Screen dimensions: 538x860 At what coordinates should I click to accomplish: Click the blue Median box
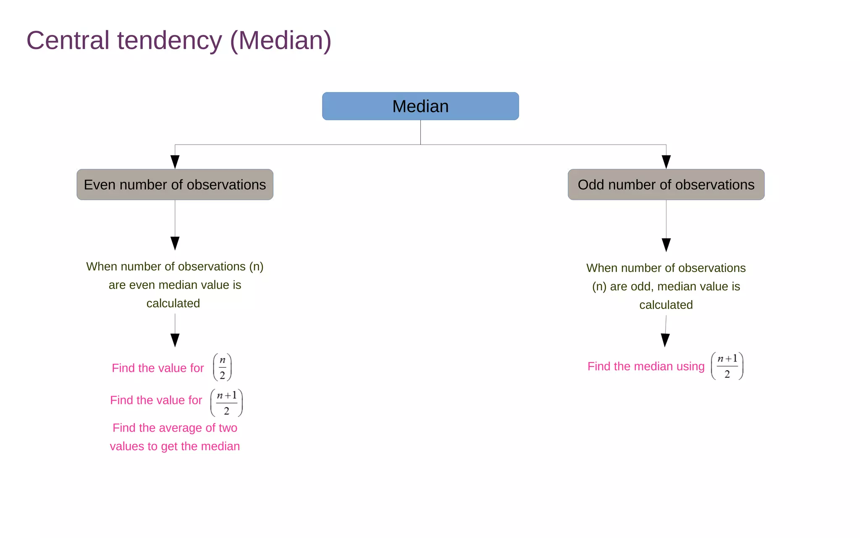(420, 106)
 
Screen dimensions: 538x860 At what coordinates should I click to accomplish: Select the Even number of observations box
(175, 185)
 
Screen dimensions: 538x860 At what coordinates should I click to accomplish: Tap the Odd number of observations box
(666, 185)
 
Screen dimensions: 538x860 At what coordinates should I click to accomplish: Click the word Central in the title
(68, 41)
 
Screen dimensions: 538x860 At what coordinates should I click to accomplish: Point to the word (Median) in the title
(281, 41)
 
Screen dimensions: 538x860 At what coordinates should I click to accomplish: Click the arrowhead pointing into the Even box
(175, 162)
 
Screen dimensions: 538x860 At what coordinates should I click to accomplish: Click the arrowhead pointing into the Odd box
(666, 162)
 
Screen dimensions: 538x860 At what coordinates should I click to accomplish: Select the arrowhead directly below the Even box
(175, 243)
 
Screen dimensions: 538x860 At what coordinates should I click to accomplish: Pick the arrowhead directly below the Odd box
(666, 245)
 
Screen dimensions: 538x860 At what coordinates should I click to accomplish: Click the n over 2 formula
(223, 367)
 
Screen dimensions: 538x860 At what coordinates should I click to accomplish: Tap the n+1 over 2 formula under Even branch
(227, 403)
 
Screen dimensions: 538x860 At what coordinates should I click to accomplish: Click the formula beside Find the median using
(727, 366)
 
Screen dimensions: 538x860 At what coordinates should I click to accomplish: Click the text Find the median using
(646, 367)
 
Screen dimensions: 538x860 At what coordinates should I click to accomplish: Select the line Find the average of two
(175, 428)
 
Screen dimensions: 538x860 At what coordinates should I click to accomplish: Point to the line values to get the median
(175, 446)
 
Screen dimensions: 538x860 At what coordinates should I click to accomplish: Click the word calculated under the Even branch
(173, 303)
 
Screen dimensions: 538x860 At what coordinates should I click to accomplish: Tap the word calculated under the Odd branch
(666, 305)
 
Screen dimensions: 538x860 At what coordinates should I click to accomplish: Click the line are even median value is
(175, 285)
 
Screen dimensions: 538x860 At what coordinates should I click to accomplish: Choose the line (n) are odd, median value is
(666, 287)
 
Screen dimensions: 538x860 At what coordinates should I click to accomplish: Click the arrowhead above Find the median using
(665, 340)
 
